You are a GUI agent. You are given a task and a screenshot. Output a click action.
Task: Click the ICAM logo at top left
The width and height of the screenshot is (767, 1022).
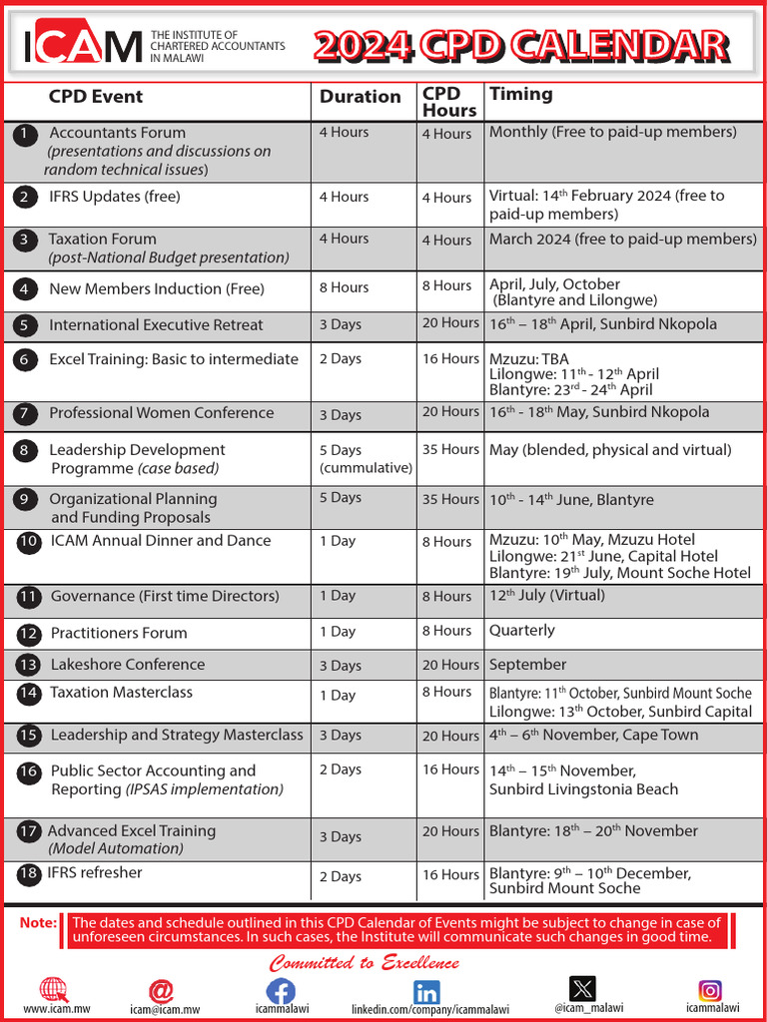coord(83,44)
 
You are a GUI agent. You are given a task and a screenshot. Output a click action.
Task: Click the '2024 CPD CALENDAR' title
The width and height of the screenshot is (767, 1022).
coord(520,45)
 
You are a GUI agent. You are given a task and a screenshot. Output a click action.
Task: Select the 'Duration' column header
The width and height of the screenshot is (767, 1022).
coord(360,97)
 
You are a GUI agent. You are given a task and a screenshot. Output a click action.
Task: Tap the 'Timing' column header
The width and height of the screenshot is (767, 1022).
coord(520,95)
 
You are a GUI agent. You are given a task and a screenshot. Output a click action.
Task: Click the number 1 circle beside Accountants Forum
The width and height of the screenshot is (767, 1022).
coord(26,135)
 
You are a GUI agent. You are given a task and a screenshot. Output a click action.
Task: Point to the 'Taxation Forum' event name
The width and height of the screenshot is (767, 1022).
coord(102,240)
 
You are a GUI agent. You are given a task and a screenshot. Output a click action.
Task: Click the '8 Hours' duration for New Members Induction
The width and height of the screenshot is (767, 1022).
coord(344,287)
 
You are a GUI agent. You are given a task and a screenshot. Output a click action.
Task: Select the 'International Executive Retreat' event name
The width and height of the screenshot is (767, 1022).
coord(156,325)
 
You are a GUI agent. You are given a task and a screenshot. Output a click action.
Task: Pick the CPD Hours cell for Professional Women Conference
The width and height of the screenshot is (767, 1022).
coord(450,412)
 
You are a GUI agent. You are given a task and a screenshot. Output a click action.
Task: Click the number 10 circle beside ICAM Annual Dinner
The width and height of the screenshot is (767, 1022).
coord(29,542)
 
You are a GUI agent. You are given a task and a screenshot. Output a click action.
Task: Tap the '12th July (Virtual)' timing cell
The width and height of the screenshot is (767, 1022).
coord(546,596)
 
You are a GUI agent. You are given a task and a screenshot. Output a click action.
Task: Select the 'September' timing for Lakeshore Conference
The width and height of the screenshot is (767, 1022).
coord(527,665)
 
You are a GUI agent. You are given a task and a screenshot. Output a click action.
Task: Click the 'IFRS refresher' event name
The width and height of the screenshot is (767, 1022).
coord(95,873)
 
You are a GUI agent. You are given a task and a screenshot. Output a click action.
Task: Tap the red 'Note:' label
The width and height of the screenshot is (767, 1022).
coord(38,923)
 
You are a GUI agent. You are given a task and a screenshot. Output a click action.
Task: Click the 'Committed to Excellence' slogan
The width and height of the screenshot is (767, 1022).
coord(365,963)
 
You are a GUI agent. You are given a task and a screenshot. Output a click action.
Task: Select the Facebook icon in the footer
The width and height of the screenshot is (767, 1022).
coord(281,992)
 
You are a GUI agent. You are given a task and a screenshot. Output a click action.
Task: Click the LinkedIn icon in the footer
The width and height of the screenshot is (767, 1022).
coord(426,992)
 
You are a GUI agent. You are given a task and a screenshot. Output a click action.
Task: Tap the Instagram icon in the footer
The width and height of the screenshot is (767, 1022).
coord(710,990)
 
